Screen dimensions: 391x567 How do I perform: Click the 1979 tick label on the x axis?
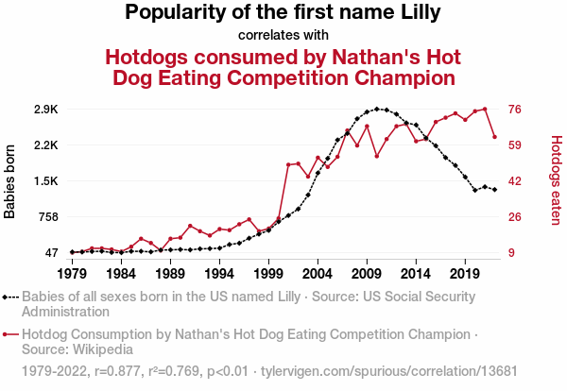pos(72,274)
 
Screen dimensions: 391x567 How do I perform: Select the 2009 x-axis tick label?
pos(366,274)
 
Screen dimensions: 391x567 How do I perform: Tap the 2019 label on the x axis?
pos(464,274)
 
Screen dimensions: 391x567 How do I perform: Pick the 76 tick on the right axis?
pos(517,110)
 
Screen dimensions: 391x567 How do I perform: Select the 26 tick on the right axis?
pos(517,217)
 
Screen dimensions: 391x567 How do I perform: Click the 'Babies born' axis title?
pos(10,180)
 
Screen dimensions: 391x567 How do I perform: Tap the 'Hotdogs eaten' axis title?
pos(556,180)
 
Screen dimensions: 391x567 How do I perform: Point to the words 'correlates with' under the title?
pos(283,35)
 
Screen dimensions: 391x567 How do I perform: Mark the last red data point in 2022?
pos(494,137)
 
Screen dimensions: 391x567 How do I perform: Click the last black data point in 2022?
pos(494,190)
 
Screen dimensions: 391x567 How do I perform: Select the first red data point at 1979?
pos(72,252)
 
